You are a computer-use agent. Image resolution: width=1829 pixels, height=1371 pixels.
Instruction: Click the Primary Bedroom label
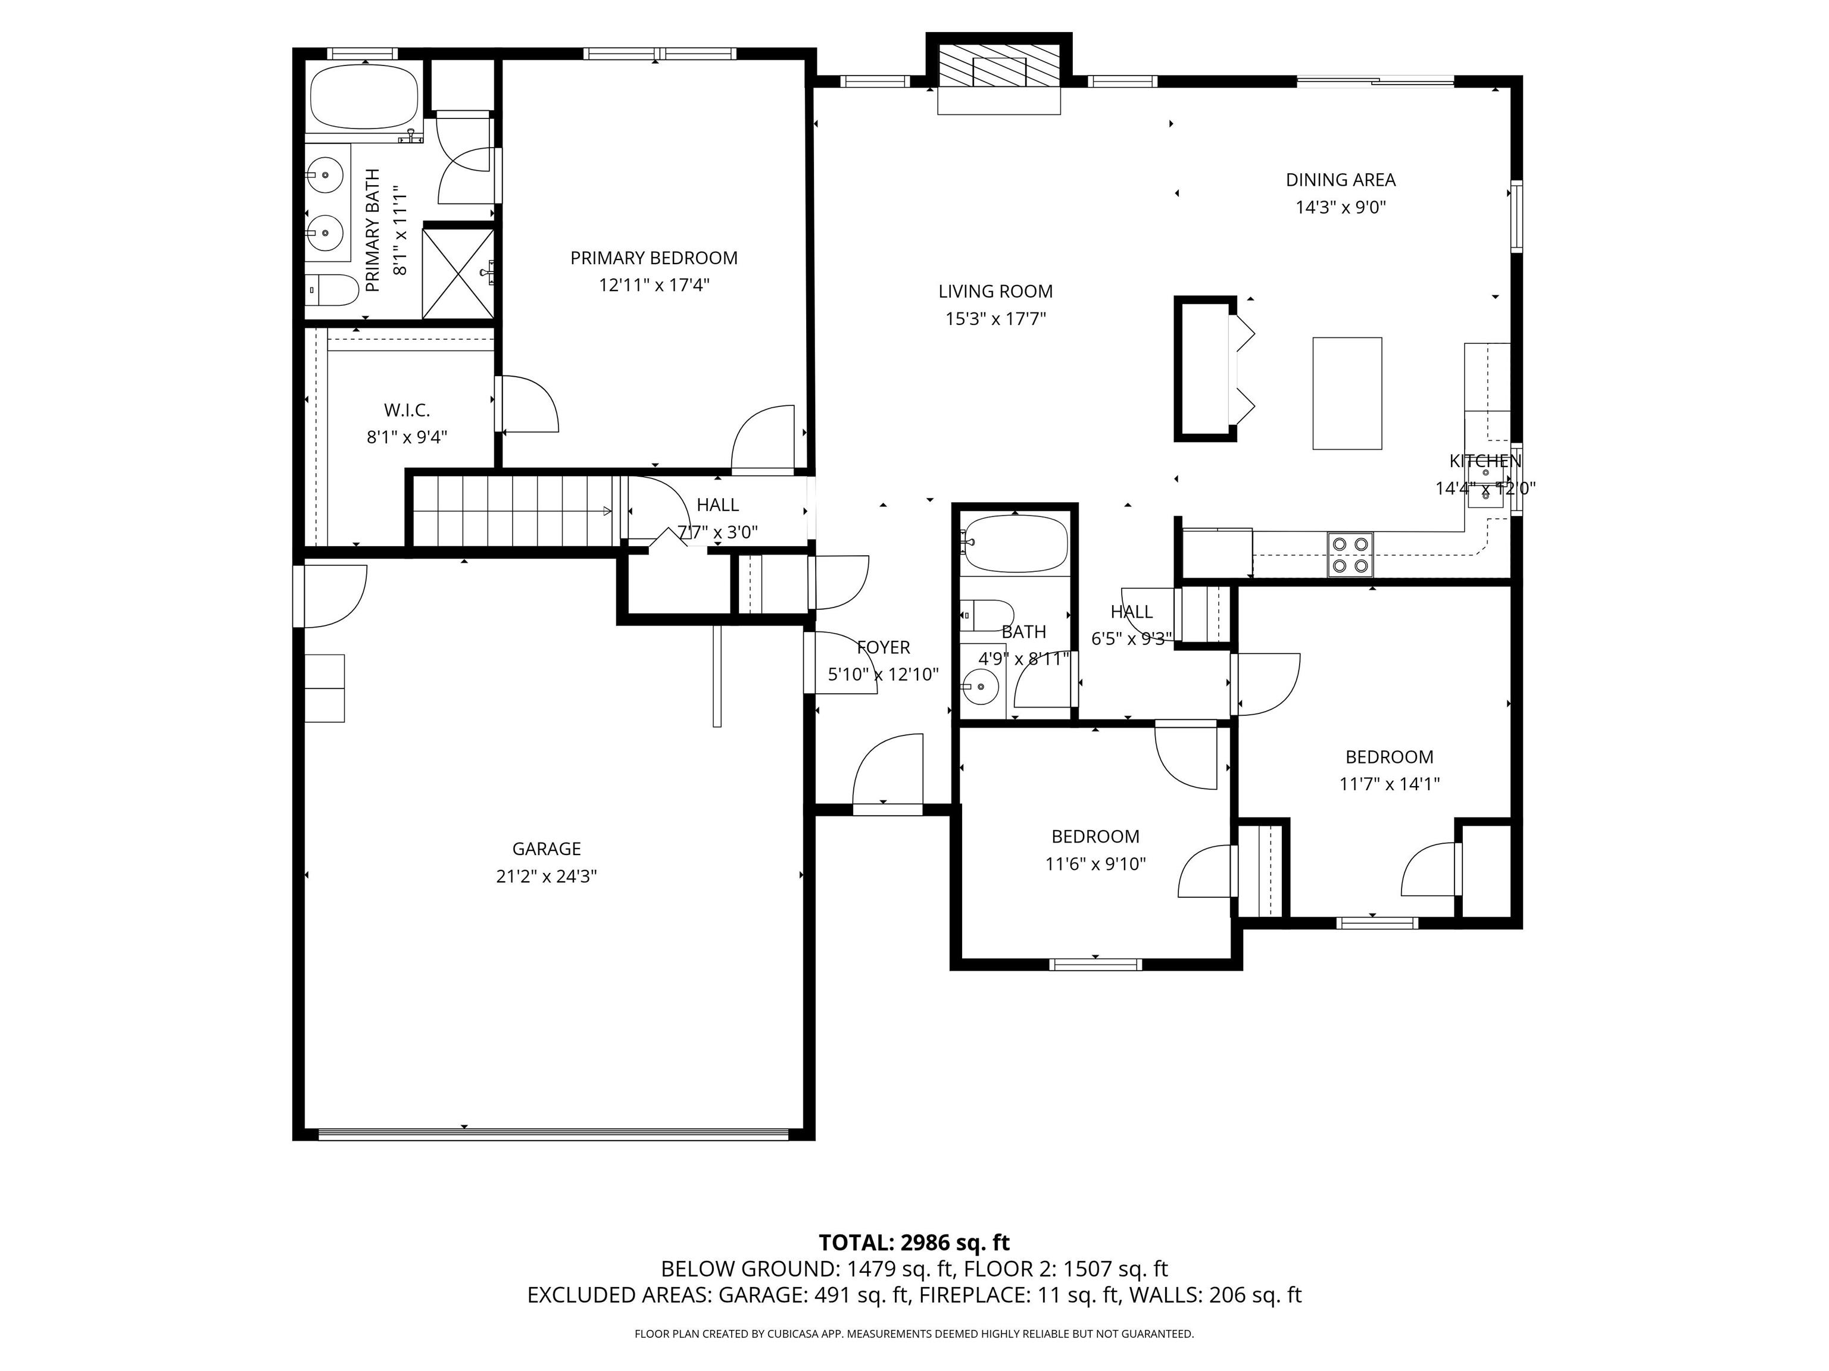tap(653, 258)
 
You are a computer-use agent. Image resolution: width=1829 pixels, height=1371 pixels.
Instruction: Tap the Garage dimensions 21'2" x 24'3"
tap(546, 876)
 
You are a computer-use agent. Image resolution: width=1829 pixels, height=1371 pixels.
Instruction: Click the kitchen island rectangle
tap(1347, 393)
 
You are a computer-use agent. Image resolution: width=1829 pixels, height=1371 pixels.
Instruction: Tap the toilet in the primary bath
tap(331, 290)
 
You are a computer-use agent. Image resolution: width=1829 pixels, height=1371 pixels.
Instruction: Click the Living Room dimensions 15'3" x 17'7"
tap(995, 319)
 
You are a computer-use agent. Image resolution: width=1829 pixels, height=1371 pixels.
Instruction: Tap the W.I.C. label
tap(407, 410)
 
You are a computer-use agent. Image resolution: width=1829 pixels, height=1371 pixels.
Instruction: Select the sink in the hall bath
tap(981, 685)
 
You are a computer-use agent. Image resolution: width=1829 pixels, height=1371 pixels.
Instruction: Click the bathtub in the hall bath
tap(1015, 543)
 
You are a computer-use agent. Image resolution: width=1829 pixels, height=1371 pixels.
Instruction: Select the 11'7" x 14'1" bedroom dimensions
tap(1389, 784)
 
